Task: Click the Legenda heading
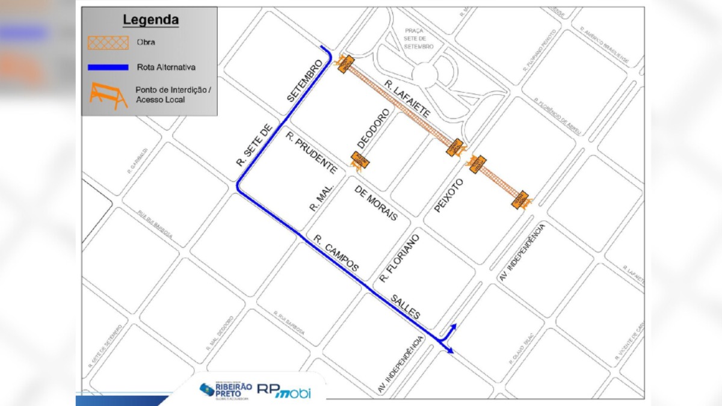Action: (150, 20)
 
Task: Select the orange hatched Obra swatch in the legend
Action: (108, 42)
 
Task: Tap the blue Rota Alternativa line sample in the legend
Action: (108, 67)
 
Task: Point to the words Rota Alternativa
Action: (166, 67)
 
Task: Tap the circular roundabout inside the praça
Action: (425, 75)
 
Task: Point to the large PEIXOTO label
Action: (449, 195)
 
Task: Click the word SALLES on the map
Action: (406, 307)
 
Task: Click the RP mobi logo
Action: (284, 390)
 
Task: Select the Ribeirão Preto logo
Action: (225, 390)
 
